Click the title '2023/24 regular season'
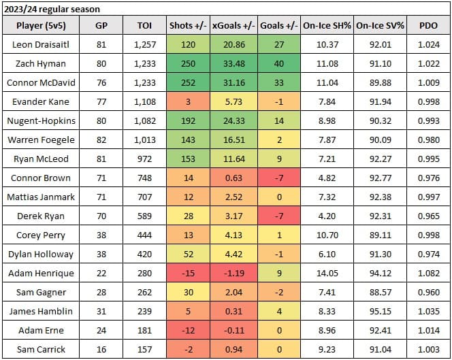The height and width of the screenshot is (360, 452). (51, 10)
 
